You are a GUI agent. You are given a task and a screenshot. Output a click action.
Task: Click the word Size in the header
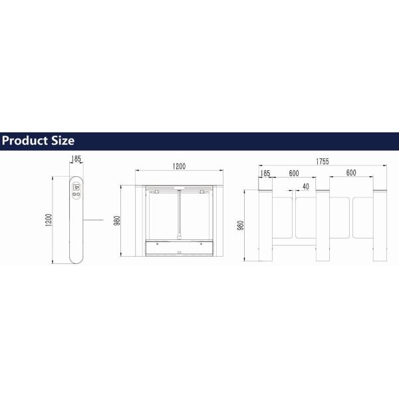point(63,141)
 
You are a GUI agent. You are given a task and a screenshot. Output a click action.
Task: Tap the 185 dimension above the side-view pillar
point(76,159)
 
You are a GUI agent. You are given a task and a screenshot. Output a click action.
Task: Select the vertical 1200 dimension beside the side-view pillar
point(49,220)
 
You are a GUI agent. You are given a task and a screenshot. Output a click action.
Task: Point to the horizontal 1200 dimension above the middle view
point(179,166)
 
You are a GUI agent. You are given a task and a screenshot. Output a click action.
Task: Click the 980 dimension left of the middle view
point(117,221)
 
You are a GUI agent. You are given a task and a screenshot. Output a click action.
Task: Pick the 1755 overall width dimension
point(323,162)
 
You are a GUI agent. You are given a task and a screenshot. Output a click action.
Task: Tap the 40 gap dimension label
point(306,187)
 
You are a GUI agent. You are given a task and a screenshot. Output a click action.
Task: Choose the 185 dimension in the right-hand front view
point(265,174)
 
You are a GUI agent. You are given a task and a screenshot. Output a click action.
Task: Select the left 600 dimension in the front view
point(294,174)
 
